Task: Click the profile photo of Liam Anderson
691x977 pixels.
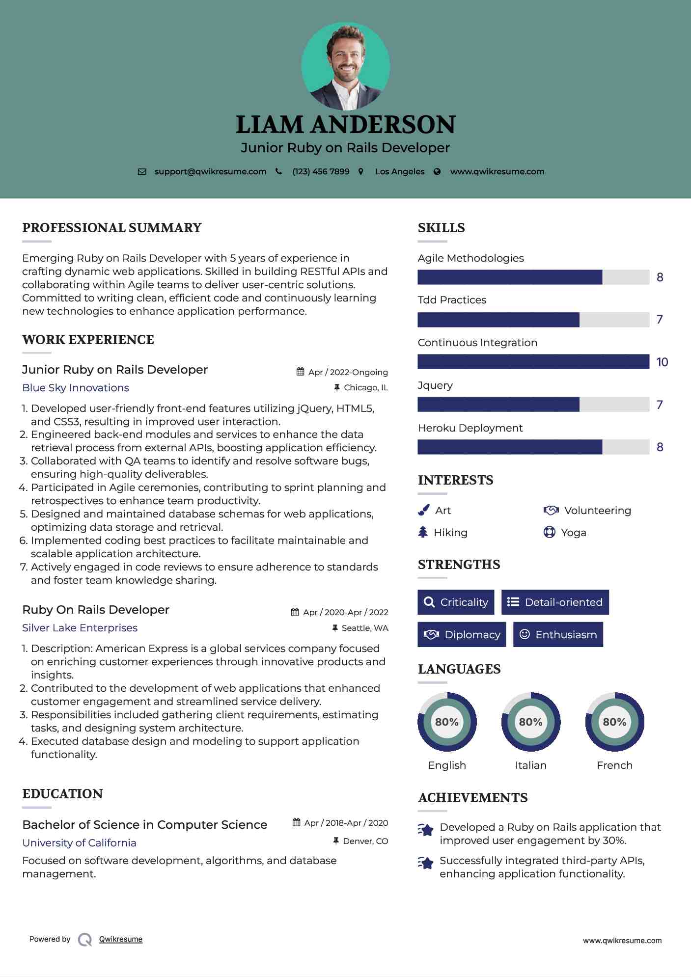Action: (346, 66)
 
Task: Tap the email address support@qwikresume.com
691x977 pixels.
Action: (210, 171)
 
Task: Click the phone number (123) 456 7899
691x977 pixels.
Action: (321, 171)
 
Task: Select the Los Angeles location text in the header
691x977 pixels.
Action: (400, 171)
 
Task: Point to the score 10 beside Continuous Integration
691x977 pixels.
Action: (662, 362)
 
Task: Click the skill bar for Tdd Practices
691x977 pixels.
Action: (533, 320)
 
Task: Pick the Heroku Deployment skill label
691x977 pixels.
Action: (470, 428)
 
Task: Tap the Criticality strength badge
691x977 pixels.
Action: (456, 602)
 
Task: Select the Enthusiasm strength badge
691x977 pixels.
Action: (558, 634)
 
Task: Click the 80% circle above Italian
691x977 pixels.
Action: (530, 722)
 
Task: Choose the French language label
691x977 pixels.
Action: (614, 765)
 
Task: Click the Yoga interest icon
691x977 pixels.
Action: (549, 532)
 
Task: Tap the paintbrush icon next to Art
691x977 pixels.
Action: (423, 511)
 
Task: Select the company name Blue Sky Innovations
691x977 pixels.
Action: (76, 388)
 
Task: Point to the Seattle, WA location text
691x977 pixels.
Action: (364, 628)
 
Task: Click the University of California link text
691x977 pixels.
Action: (79, 843)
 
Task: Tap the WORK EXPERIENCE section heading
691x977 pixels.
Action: (88, 340)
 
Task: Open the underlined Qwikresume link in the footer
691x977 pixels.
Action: (121, 939)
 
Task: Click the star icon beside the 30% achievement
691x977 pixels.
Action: (425, 830)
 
